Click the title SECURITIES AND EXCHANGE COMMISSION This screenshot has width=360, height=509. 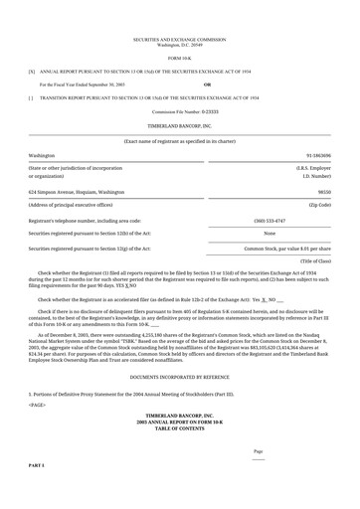[x=180, y=40]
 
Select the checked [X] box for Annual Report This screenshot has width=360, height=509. [x=32, y=73]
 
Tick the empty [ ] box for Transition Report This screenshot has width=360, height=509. [x=32, y=98]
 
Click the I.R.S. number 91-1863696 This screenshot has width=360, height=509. [x=318, y=156]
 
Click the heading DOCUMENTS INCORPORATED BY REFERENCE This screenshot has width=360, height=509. [x=180, y=379]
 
